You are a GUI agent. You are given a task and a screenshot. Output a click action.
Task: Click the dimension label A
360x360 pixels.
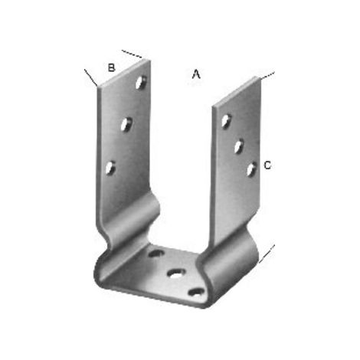coord(196,74)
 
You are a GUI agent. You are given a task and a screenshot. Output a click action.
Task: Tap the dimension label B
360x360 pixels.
coord(111,67)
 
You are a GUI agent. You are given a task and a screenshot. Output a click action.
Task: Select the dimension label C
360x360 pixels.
coord(267,165)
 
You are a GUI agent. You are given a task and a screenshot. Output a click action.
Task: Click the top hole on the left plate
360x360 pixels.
coord(141,82)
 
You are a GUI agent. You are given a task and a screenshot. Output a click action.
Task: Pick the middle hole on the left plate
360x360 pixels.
coord(126,125)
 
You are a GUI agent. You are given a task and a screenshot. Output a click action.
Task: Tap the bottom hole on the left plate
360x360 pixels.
coord(110,169)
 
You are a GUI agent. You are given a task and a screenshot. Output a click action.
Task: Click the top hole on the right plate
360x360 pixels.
coord(226,121)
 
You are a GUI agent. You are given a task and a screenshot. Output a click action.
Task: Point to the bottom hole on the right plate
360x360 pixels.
coord(251,169)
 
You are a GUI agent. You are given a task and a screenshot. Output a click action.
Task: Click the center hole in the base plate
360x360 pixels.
coord(176,273)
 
